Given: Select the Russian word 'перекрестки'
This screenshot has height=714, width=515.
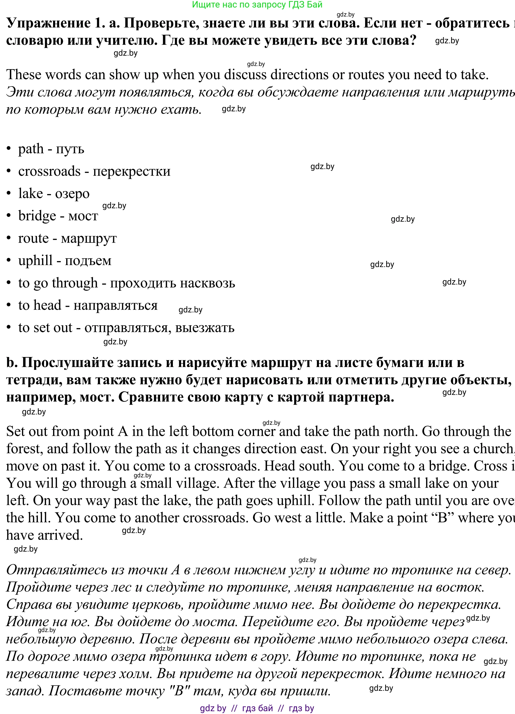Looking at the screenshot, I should [131, 172].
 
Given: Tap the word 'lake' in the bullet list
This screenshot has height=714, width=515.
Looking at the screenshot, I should [30, 194].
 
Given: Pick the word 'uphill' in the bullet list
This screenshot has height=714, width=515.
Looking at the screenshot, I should [35, 261].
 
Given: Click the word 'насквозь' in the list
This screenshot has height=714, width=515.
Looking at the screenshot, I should [208, 283].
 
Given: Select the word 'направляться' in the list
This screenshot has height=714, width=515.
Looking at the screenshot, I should [115, 306].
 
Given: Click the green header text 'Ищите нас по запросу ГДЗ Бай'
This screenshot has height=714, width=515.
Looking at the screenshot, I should [257, 5].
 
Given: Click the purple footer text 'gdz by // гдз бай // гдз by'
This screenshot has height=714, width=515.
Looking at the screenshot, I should [257, 708].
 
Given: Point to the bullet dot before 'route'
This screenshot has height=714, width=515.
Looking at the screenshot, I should [9, 239].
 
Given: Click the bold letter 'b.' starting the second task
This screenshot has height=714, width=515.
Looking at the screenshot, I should [12, 363].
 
